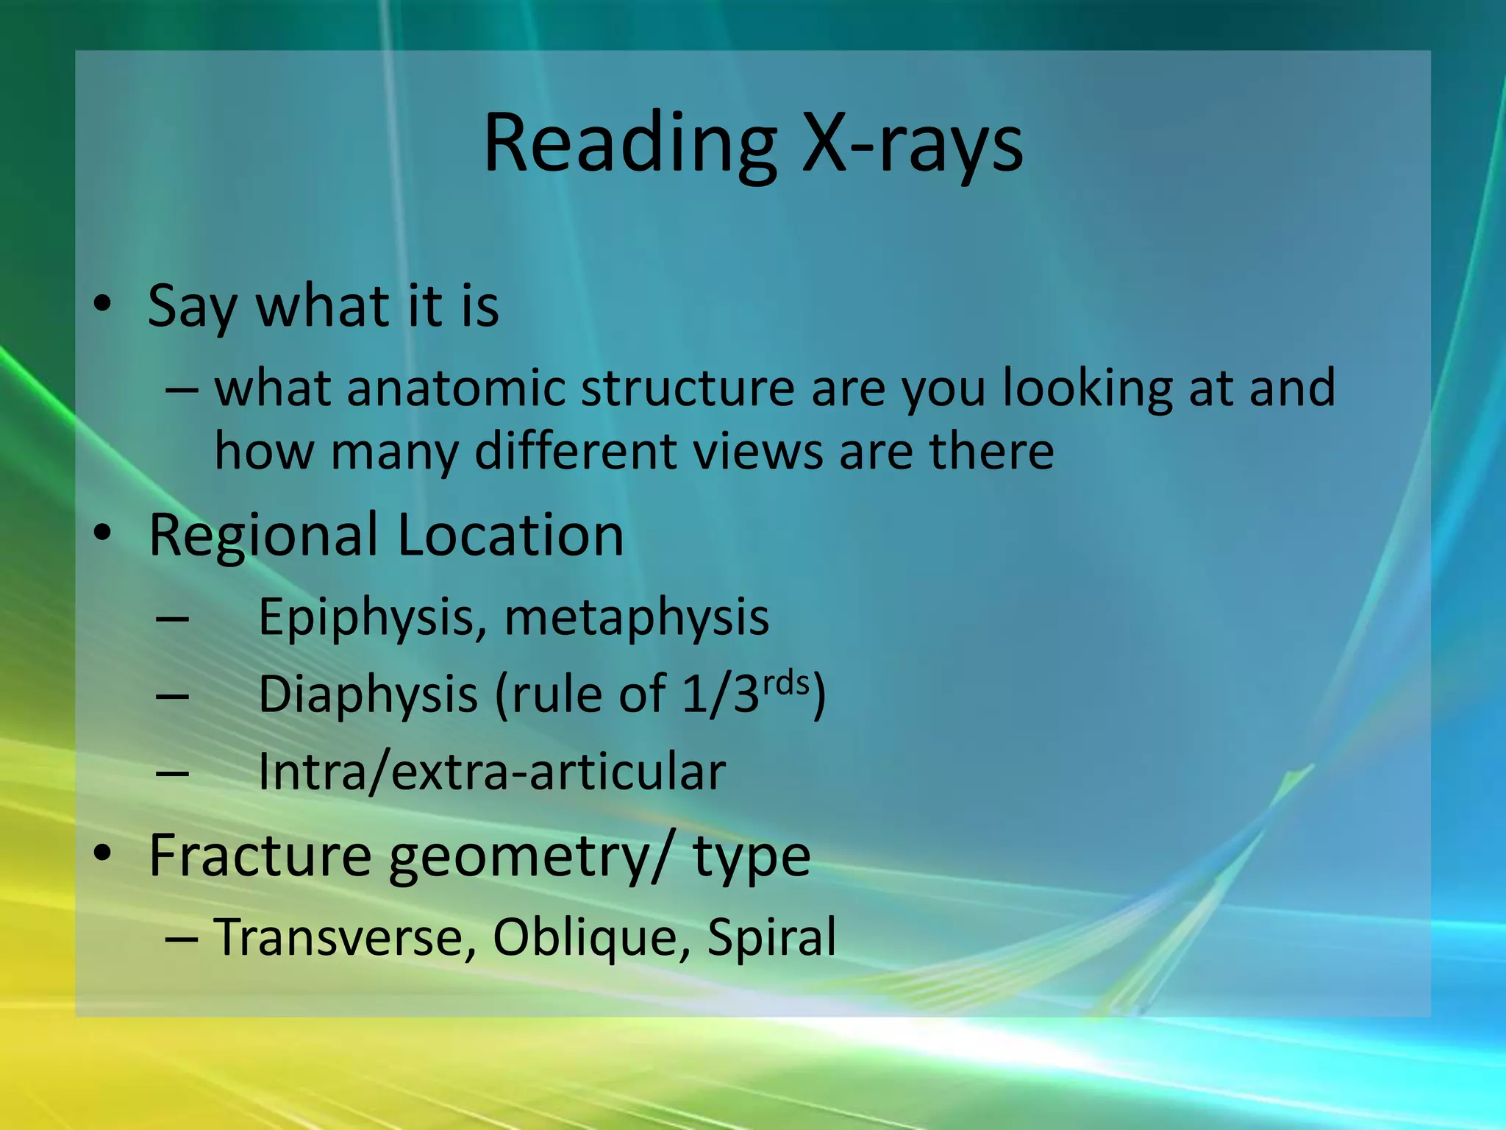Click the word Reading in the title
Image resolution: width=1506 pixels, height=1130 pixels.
[629, 144]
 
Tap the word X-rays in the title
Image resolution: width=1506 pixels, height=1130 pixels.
[912, 144]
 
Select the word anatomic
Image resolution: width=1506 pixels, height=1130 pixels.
[456, 388]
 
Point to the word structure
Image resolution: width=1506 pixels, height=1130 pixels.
[688, 388]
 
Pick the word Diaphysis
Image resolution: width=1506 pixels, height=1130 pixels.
[368, 695]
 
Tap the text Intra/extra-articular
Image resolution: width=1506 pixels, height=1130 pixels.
[492, 772]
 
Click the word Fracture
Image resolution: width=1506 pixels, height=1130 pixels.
[260, 855]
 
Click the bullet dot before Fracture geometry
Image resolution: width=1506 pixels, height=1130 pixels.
[102, 853]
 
